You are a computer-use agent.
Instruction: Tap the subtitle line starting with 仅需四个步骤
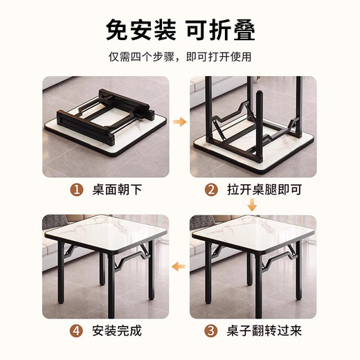tap(180, 57)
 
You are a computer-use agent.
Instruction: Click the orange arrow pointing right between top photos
tap(180, 122)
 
